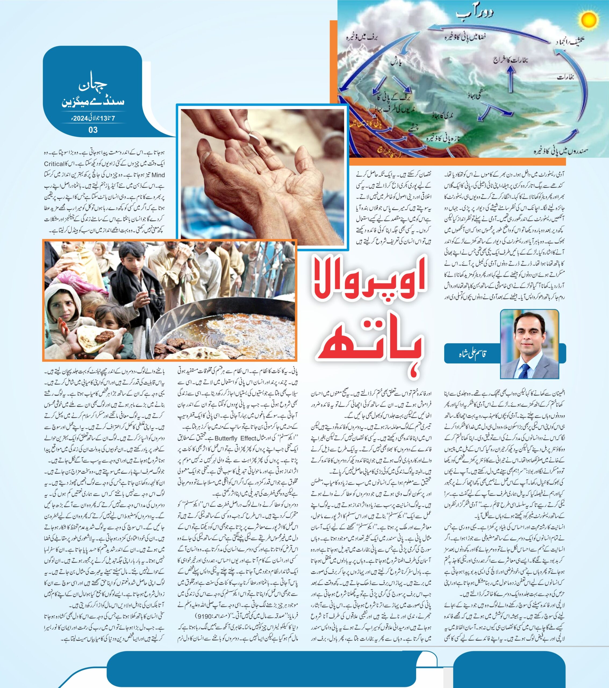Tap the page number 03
click(93, 130)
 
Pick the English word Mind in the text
click(159, 175)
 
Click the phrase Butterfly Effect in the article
click(235, 438)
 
